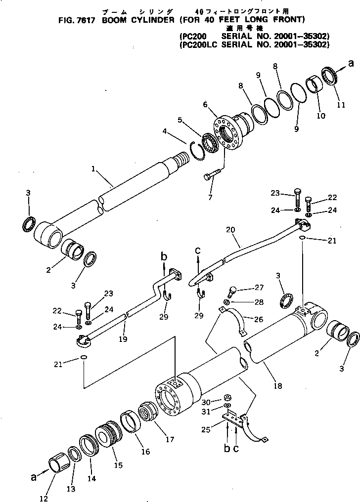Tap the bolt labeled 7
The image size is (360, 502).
(x=213, y=175)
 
